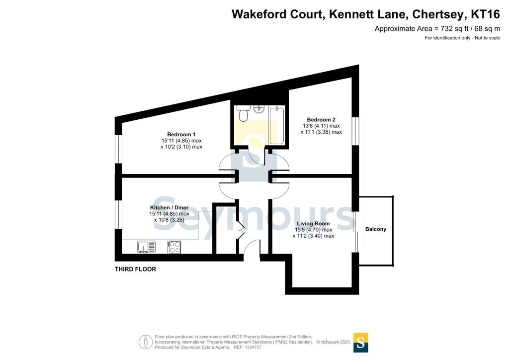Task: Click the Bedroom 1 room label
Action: coord(181,134)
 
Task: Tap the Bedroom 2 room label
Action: coord(321,120)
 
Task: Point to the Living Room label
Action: coord(313,224)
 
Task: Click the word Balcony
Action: coord(376,229)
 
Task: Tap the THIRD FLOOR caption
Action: coord(135,270)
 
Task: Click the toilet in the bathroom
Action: coord(243,115)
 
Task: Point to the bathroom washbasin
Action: coord(259,109)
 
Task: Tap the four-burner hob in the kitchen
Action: coord(174,247)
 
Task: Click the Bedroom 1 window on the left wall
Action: coord(118,149)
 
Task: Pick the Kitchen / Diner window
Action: coord(118,215)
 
